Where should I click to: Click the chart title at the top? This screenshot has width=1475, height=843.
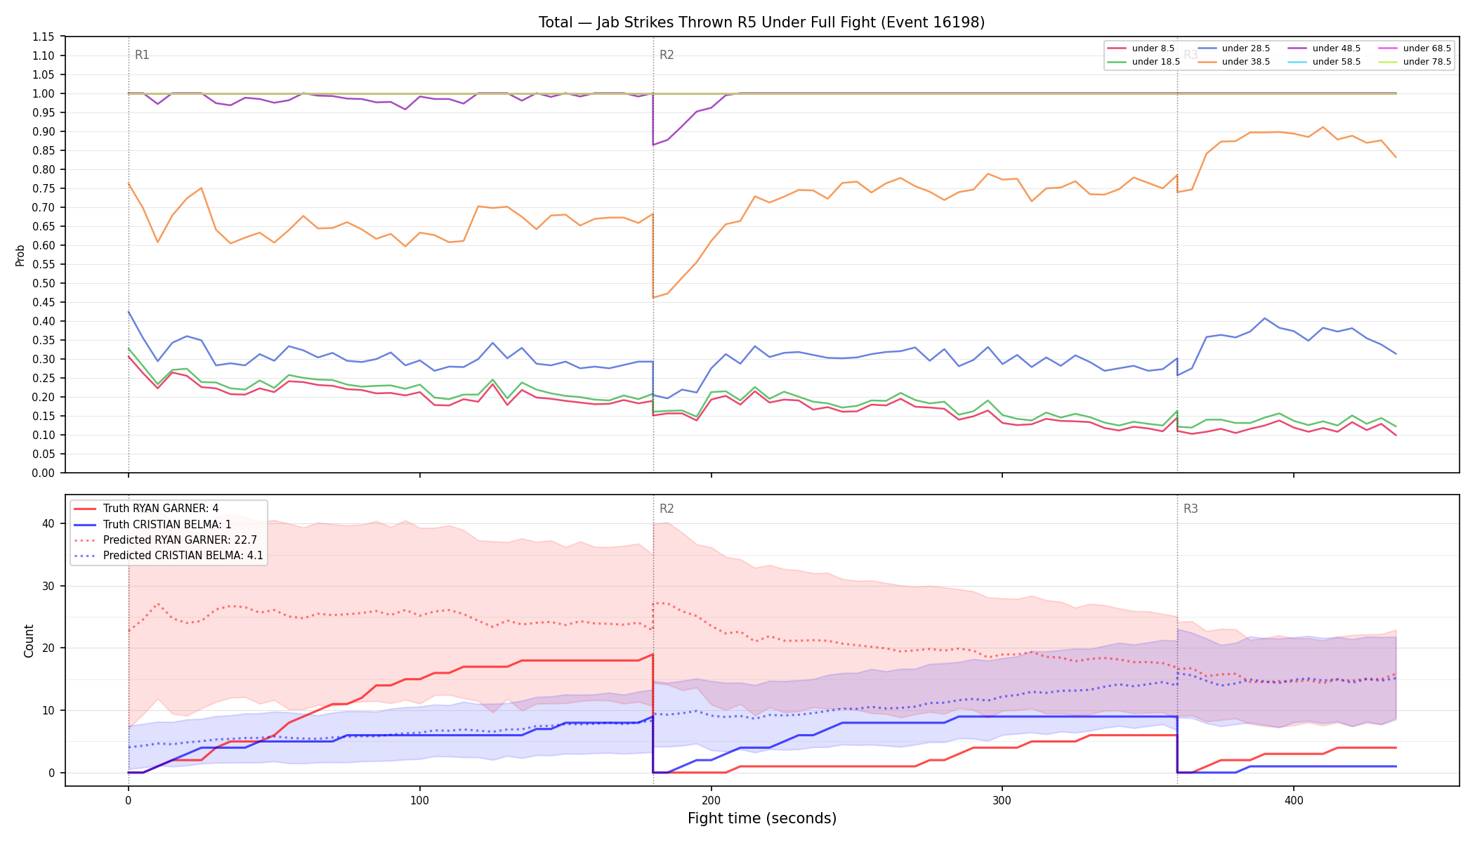pos(761,22)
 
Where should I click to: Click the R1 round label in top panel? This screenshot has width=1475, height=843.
pos(142,55)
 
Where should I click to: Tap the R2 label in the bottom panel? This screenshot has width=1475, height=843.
pos(667,509)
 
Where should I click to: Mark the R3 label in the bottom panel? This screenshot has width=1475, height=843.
pos(1191,509)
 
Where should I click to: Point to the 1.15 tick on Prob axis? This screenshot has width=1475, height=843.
pos(44,37)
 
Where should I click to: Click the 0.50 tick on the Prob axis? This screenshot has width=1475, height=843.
pos(44,283)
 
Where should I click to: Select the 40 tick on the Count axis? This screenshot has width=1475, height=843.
pos(48,523)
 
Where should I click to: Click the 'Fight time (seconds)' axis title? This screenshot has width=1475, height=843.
pos(762,818)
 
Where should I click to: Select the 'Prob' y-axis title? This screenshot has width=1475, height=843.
pos(20,255)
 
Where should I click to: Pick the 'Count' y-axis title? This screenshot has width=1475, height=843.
pos(29,641)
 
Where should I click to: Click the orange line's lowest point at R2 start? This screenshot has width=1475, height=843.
pos(653,298)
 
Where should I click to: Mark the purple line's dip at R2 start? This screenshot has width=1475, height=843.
pos(653,145)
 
